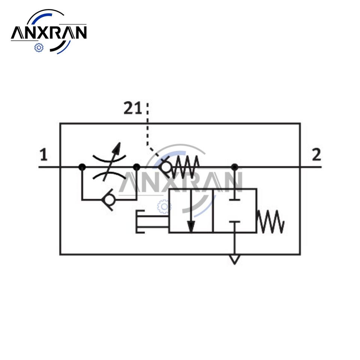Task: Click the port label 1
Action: click(44, 155)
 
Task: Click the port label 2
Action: click(316, 154)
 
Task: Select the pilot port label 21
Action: click(133, 109)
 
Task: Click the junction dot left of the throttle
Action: click(82, 167)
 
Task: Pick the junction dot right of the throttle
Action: click(137, 167)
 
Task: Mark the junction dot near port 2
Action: click(235, 167)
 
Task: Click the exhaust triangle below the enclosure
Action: click(235, 259)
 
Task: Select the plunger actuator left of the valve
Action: click(150, 222)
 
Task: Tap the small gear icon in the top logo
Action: click(39, 48)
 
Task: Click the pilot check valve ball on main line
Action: click(165, 167)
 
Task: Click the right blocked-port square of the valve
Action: click(234, 211)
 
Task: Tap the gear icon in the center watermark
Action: click(164, 206)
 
